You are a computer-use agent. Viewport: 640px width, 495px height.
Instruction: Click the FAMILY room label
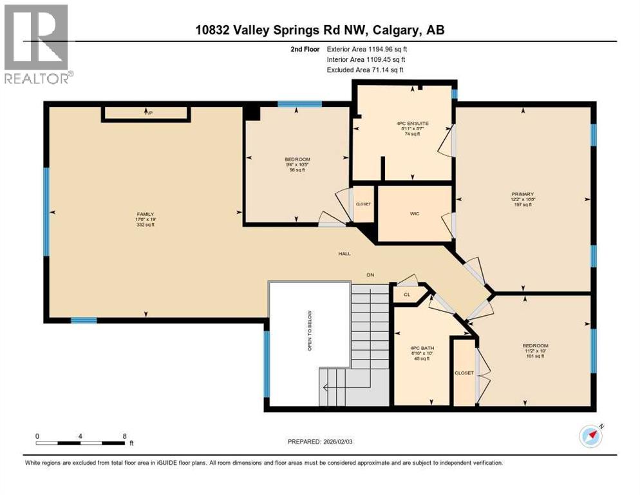click(x=145, y=214)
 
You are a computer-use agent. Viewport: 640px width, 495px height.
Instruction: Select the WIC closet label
click(x=415, y=213)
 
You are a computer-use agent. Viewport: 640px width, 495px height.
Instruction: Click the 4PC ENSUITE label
click(x=404, y=122)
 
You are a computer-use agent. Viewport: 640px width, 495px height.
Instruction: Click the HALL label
click(x=345, y=254)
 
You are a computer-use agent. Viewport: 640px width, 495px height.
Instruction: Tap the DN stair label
click(x=370, y=275)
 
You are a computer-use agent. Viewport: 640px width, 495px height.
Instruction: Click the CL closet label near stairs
click(x=407, y=295)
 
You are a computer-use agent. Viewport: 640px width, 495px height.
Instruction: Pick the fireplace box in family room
click(x=146, y=114)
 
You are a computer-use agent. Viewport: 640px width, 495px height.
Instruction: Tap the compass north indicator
click(x=590, y=436)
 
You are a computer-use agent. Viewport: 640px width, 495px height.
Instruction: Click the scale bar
click(x=80, y=443)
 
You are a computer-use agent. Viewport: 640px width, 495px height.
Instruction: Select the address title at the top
click(x=320, y=30)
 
